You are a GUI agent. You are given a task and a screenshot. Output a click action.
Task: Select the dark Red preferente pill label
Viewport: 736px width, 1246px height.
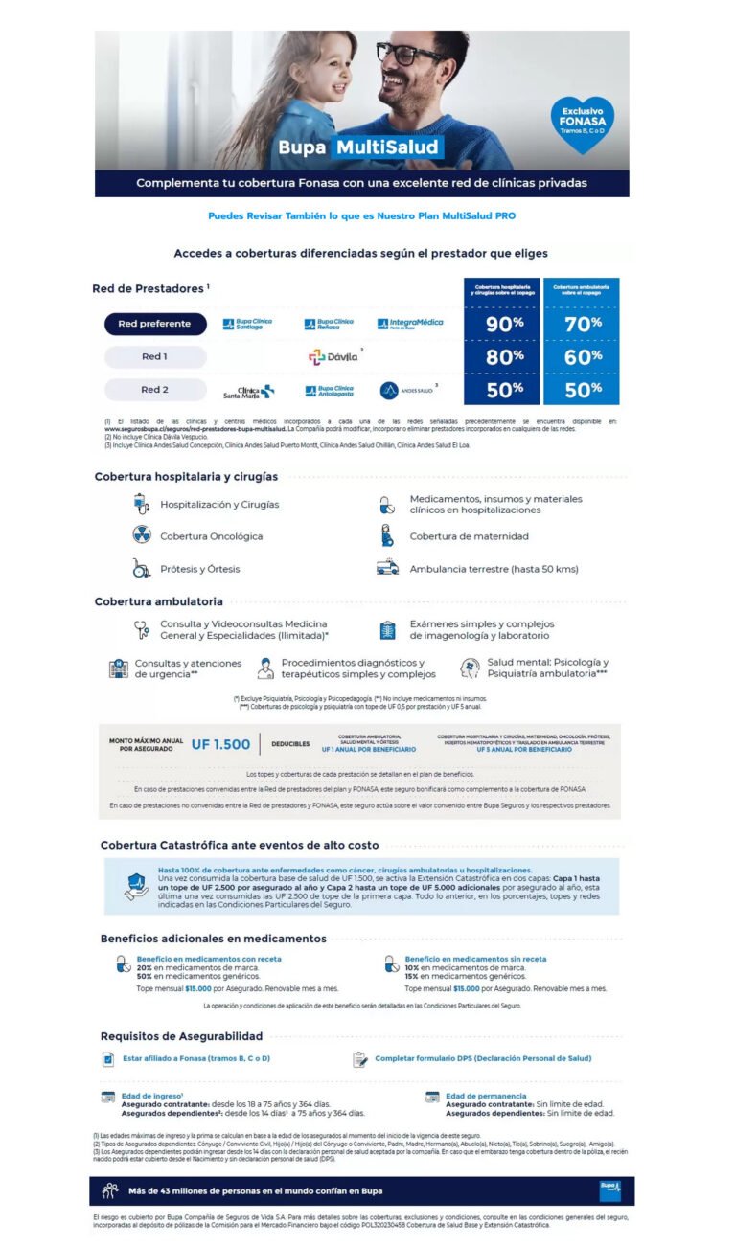[x=155, y=324]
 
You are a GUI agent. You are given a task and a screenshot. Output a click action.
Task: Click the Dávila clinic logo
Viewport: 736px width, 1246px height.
[x=333, y=356]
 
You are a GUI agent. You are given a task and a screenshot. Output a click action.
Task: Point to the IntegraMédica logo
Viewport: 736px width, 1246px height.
[x=410, y=324]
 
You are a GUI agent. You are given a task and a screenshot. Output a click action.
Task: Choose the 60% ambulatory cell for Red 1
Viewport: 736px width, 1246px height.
[x=583, y=357]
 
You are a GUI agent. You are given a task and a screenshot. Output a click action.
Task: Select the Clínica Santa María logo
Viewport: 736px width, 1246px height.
[x=248, y=391]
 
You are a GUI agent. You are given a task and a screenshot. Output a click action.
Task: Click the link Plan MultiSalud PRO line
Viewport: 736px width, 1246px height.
[x=361, y=215]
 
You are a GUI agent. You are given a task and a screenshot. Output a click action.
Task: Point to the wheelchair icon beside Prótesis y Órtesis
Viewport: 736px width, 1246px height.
[x=142, y=569]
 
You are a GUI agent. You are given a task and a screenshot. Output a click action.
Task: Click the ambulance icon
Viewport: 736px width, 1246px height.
[x=387, y=568]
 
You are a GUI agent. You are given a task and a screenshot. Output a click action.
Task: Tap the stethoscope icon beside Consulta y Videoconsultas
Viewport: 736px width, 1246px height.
[x=143, y=629]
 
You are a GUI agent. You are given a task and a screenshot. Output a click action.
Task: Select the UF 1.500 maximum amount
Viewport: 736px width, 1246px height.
[x=220, y=744]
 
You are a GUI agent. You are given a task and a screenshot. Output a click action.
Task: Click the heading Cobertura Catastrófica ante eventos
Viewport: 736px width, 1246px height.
[x=240, y=845]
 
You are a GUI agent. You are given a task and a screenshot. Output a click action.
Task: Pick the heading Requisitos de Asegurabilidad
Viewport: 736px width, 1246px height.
[x=181, y=1036]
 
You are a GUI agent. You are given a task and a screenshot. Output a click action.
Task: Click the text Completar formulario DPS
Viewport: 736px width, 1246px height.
[x=483, y=1058]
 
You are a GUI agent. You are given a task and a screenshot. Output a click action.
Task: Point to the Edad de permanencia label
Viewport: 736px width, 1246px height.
[x=486, y=1096]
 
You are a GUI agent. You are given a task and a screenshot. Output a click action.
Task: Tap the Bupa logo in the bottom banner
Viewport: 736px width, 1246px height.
[x=609, y=1189]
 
